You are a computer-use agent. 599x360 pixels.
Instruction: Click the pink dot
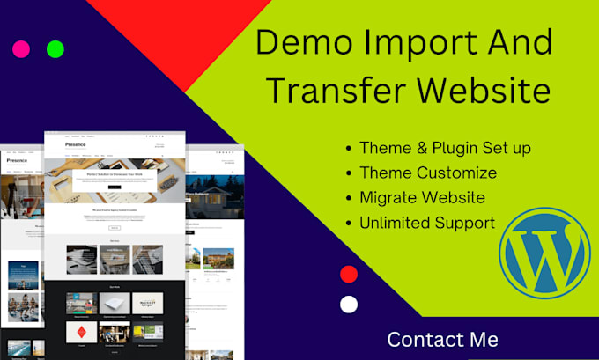pos(21,49)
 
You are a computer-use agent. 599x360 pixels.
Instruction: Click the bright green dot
pos(55,49)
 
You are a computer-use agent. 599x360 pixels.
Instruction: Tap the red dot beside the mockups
pos(349,274)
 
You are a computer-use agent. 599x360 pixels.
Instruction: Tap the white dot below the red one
pos(349,305)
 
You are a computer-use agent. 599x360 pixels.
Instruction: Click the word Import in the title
pos(418,43)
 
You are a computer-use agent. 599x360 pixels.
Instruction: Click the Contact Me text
pos(442,339)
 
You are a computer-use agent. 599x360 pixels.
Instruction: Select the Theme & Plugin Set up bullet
pos(445,148)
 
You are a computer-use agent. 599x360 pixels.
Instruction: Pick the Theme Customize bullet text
pos(428,173)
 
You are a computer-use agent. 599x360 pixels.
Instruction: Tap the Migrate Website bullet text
pos(422,197)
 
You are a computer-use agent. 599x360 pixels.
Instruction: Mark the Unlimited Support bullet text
pos(427,222)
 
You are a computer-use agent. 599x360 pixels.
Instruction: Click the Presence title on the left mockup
pos(17,161)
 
